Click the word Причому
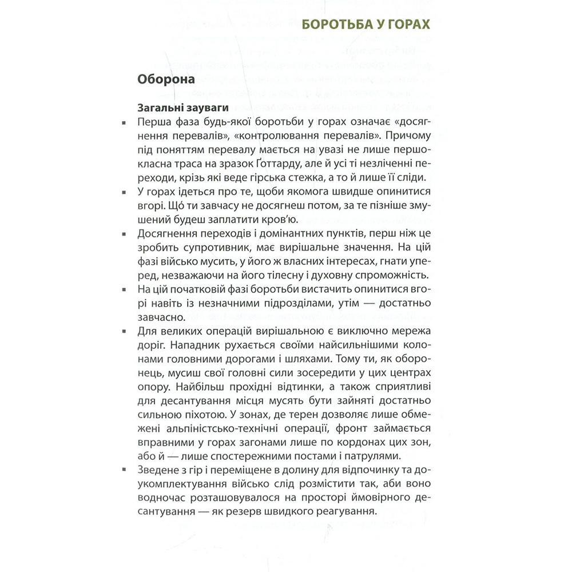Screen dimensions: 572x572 tap(412, 136)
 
